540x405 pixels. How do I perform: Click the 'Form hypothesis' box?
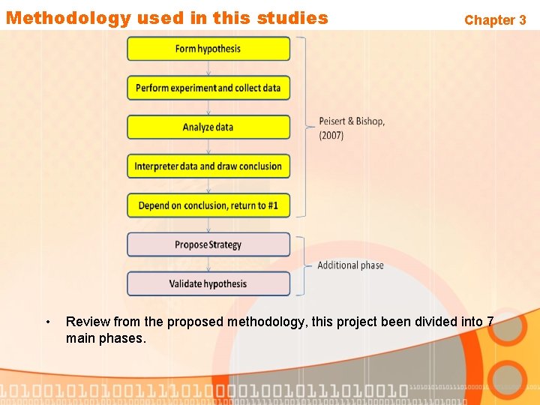pyautogui.click(x=208, y=49)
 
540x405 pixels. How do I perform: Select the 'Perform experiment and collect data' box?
pyautogui.click(x=208, y=88)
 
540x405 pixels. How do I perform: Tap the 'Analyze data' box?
pyautogui.click(x=208, y=127)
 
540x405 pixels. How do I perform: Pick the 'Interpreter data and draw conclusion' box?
pyautogui.click(x=208, y=166)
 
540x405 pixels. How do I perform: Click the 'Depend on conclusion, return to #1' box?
pyautogui.click(x=208, y=205)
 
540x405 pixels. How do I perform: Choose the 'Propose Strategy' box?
pyautogui.click(x=208, y=244)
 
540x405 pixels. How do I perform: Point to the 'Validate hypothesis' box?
pyautogui.click(x=208, y=283)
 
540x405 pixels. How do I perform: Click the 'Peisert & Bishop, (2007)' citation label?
pyautogui.click(x=352, y=128)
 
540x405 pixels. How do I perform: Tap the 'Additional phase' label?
pyautogui.click(x=350, y=265)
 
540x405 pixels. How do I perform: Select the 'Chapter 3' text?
pyautogui.click(x=495, y=20)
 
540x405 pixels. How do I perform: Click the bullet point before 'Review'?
pyautogui.click(x=47, y=322)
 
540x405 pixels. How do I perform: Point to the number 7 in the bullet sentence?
pyautogui.click(x=490, y=322)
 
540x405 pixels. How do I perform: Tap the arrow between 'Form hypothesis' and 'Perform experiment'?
pyautogui.click(x=208, y=68)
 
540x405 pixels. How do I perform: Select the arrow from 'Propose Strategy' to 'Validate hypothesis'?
pyautogui.click(x=208, y=264)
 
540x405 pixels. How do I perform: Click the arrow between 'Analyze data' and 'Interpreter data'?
pyautogui.click(x=208, y=147)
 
